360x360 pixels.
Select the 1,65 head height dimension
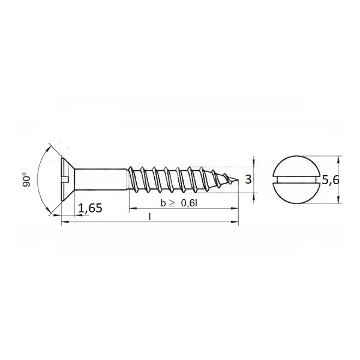[x=90, y=208]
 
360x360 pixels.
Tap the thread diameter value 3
[x=248, y=179]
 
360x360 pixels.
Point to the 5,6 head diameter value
[x=331, y=180]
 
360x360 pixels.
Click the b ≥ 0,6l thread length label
[x=179, y=203]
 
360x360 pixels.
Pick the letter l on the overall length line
[x=149, y=217]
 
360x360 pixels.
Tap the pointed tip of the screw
[x=238, y=179]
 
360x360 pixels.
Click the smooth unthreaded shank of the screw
[x=101, y=179]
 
